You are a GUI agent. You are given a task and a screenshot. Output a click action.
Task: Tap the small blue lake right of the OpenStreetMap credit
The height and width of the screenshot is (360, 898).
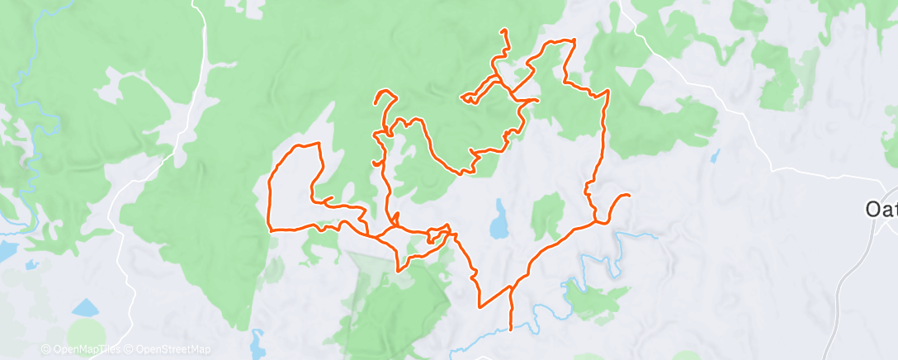[x=258, y=340]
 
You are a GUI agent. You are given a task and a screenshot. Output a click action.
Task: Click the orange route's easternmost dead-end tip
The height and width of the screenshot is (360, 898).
[x=630, y=195]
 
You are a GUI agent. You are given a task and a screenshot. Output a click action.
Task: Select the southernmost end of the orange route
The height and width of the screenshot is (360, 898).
[x=511, y=329]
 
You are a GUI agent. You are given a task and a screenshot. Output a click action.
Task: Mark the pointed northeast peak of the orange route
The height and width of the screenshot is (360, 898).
[x=574, y=40]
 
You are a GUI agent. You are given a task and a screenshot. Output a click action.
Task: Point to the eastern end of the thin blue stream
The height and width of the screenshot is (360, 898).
[x=658, y=236]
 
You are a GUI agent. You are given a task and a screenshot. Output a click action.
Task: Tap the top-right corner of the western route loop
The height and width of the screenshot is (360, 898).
[x=319, y=144]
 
